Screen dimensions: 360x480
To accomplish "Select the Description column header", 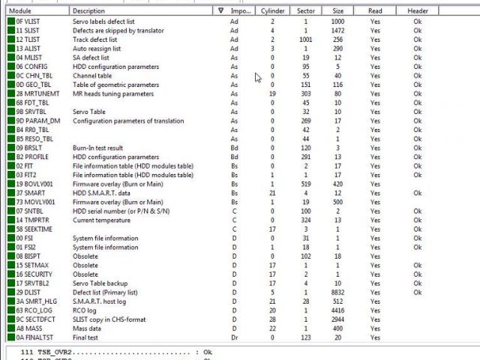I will tap(89, 11).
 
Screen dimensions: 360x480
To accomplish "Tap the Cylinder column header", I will tap(272, 11).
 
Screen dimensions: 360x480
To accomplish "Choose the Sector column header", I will tap(305, 11).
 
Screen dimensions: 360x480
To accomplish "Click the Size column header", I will tap(338, 11).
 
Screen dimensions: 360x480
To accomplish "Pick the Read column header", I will tap(375, 11).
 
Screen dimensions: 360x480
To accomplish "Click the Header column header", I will tap(418, 11).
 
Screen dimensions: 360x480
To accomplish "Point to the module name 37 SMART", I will tap(31, 193).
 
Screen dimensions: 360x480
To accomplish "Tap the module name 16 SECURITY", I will tap(34, 274).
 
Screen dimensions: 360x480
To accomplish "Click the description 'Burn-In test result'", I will tap(98, 148).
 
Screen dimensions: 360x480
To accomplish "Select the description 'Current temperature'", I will tap(101, 220).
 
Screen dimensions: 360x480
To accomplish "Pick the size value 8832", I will tap(338, 292).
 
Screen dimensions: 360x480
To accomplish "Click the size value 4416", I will tap(338, 310).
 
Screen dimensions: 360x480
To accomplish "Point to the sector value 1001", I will tap(305, 39).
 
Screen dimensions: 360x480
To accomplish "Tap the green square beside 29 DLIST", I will tap(10, 292).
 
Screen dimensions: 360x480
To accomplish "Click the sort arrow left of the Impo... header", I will tap(220, 11).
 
